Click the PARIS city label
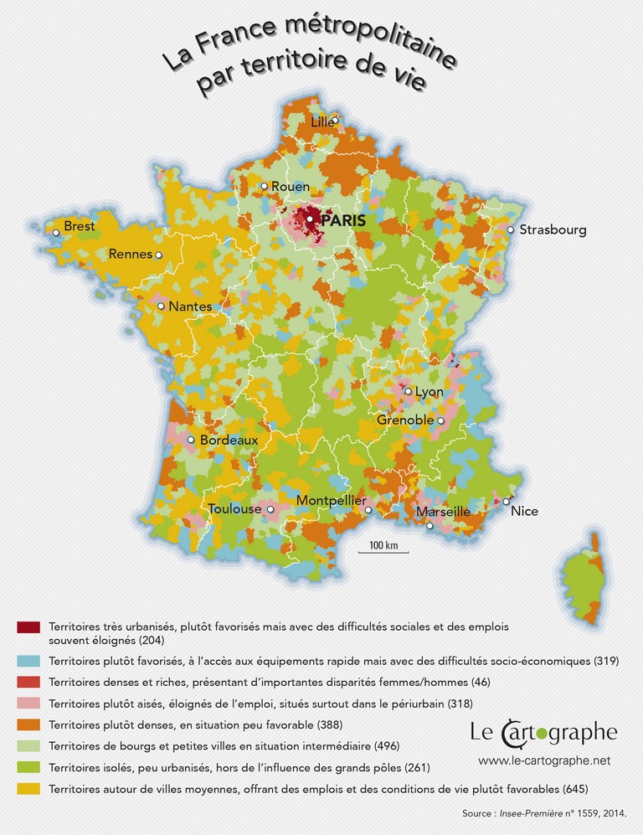pos(342,221)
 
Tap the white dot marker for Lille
pos(334,121)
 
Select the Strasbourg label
pos(553,229)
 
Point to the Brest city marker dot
pos(56,232)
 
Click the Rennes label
pos(130,254)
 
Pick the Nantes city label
pos(190,307)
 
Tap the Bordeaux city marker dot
pos(191,439)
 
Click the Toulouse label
pos(234,508)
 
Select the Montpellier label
pos(332,500)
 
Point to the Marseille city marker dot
pos(430,526)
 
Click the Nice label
pos(524,511)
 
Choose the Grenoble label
pos(405,420)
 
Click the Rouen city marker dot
pos(264,186)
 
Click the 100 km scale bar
pos(383,551)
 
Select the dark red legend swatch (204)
pos(28,627)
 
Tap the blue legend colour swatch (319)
pos(28,661)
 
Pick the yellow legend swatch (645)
pos(28,788)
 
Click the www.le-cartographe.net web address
pos(544,760)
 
